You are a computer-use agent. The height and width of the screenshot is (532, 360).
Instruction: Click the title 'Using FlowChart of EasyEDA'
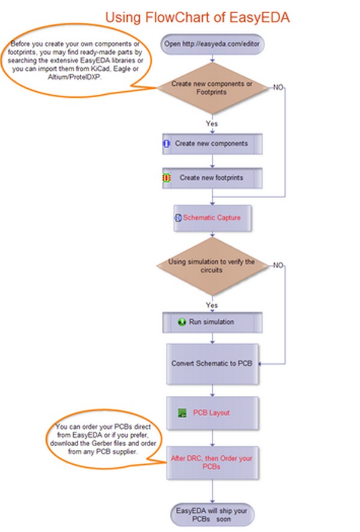[197, 17]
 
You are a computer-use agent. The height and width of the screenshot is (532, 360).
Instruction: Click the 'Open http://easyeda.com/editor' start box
[212, 44]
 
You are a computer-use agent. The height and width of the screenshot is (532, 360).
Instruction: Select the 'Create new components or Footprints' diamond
[212, 88]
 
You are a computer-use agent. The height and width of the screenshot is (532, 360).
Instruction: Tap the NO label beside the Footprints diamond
[278, 88]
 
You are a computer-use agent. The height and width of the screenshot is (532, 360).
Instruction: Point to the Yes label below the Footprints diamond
[212, 124]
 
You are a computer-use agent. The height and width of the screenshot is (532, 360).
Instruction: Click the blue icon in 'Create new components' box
[167, 143]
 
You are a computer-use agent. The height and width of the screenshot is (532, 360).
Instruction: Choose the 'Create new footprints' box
[212, 178]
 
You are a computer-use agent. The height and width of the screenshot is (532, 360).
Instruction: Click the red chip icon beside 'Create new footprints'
[166, 178]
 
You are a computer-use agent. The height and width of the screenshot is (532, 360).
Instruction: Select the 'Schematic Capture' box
[212, 218]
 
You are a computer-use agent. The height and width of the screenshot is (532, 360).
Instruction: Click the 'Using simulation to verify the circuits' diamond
[212, 266]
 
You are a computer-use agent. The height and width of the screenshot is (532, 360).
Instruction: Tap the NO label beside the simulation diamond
[278, 265]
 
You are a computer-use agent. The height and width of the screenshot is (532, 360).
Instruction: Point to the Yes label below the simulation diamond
[212, 305]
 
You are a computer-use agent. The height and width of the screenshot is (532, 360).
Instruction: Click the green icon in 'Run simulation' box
[182, 321]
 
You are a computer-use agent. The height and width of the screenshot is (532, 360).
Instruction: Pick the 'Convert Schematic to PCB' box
[212, 363]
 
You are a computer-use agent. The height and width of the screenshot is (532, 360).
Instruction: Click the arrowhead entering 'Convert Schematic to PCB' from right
[260, 363]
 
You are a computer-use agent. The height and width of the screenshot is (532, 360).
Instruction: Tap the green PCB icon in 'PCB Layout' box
[182, 413]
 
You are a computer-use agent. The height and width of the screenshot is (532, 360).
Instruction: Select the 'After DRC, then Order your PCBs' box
[212, 462]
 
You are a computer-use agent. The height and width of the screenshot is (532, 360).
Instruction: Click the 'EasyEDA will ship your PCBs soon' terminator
[212, 515]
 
